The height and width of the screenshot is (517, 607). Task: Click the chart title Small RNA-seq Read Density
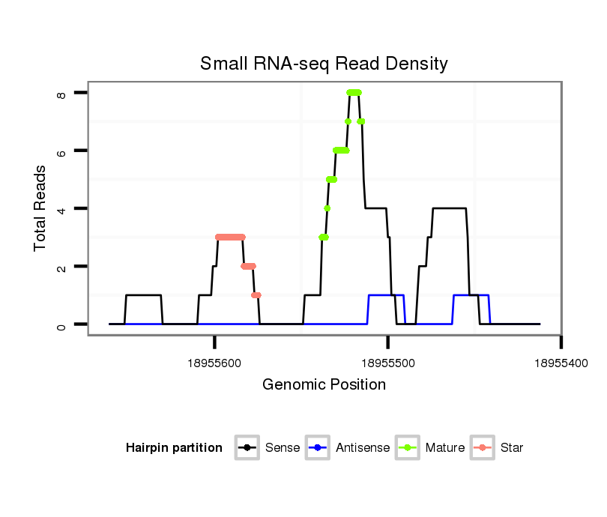pyautogui.click(x=324, y=64)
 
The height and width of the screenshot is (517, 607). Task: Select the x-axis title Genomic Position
pyautogui.click(x=324, y=385)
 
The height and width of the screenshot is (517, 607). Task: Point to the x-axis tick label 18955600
pyautogui.click(x=214, y=362)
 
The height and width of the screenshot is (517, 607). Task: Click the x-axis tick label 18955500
pyautogui.click(x=387, y=362)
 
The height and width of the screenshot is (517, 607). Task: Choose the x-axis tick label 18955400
pyautogui.click(x=561, y=362)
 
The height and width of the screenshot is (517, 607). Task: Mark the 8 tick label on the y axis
pyautogui.click(x=61, y=93)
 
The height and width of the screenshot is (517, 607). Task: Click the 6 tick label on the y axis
pyautogui.click(x=61, y=151)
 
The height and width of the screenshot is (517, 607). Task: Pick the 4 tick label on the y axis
pyautogui.click(x=61, y=208)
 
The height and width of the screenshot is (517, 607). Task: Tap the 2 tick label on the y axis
pyautogui.click(x=61, y=267)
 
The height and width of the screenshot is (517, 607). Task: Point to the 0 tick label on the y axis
pyautogui.click(x=61, y=324)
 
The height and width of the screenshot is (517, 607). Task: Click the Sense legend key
pyautogui.click(x=247, y=448)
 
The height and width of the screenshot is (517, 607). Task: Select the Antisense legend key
pyautogui.click(x=318, y=448)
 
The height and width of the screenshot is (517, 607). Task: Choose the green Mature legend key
pyautogui.click(x=408, y=448)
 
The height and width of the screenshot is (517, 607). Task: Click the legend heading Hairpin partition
pyautogui.click(x=174, y=448)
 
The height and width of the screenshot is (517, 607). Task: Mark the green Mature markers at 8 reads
pyautogui.click(x=354, y=92)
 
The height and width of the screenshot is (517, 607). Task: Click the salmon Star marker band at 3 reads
pyautogui.click(x=230, y=237)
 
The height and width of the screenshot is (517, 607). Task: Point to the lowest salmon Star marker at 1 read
pyautogui.click(x=256, y=295)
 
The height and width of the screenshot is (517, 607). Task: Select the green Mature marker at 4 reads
pyautogui.click(x=327, y=208)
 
